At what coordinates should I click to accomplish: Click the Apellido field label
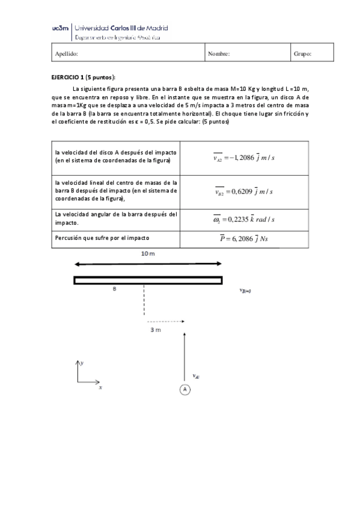pyautogui.click(x=66, y=54)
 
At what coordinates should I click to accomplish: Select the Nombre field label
pyautogui.click(x=219, y=54)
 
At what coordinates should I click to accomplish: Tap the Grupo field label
pyautogui.click(x=302, y=54)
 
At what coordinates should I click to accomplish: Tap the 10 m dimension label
pyautogui.click(x=148, y=254)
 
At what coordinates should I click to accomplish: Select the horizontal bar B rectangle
pyautogui.click(x=148, y=280)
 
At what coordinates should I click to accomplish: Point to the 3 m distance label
pyautogui.click(x=155, y=330)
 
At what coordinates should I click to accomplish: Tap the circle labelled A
pyautogui.click(x=185, y=390)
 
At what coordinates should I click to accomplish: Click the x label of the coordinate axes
pyautogui.click(x=100, y=388)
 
